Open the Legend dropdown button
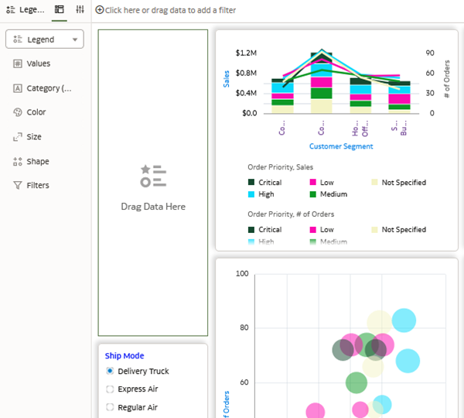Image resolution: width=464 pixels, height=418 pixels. (x=44, y=39)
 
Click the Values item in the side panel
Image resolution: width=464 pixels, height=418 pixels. (x=38, y=63)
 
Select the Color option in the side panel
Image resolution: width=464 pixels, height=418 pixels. (x=36, y=112)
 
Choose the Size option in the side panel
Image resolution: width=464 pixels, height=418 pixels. (x=34, y=137)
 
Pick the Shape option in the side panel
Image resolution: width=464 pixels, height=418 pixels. (x=37, y=162)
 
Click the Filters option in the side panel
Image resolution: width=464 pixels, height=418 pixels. (x=37, y=186)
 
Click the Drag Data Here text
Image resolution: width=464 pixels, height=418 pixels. (x=153, y=207)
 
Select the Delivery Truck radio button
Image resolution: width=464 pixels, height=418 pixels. (x=110, y=372)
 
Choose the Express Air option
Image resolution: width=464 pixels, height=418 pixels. (x=138, y=389)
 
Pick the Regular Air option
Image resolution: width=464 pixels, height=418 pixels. (x=137, y=407)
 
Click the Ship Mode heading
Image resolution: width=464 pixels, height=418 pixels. (x=125, y=356)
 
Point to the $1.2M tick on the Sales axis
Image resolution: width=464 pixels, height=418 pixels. (x=246, y=53)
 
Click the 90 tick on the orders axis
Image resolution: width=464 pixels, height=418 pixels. (x=429, y=53)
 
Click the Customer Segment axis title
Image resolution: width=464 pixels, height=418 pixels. (x=341, y=146)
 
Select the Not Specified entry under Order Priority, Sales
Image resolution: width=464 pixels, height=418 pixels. (x=403, y=183)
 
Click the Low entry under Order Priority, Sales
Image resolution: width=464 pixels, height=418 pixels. (x=326, y=183)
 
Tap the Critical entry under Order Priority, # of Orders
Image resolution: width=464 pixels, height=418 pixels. (x=269, y=230)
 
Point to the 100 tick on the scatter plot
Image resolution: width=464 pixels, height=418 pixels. (x=242, y=274)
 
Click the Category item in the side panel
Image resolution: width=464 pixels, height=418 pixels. (x=48, y=88)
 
